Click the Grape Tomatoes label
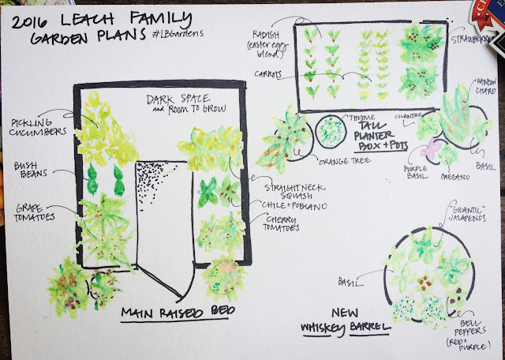click(x=30, y=215)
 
